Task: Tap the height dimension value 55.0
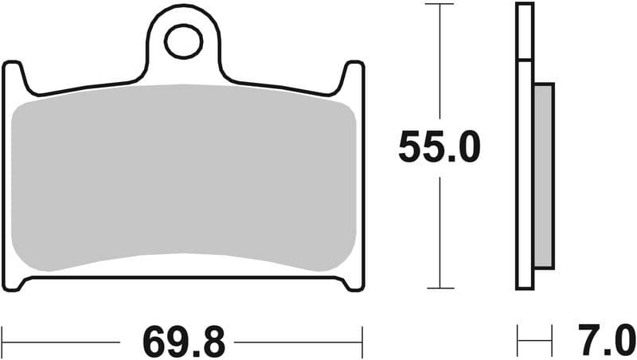(x=440, y=147)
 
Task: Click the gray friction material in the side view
(x=542, y=175)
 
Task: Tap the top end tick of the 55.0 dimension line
(x=440, y=4)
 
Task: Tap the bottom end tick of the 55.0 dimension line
(x=440, y=288)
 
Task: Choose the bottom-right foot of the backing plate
(x=350, y=282)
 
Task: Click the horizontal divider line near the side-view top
(x=524, y=61)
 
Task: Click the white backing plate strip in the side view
(x=524, y=175)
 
